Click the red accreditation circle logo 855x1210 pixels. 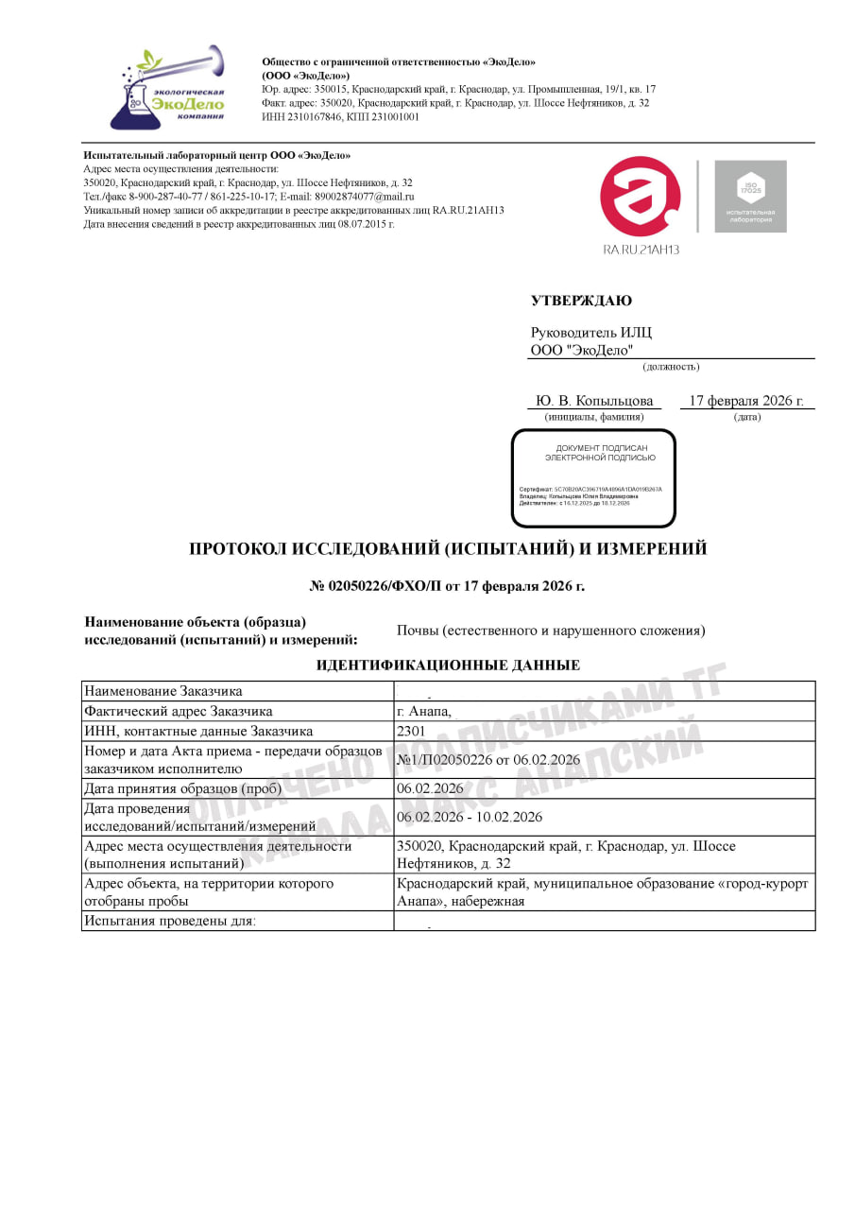click(x=640, y=197)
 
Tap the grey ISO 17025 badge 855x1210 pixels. click(x=750, y=196)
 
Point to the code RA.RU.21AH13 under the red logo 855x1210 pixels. click(x=641, y=250)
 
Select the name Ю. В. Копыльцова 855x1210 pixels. click(x=594, y=401)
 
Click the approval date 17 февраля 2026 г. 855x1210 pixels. click(x=746, y=401)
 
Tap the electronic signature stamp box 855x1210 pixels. click(x=593, y=478)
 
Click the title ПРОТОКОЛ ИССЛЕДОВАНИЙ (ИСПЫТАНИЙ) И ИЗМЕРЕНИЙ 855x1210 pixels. click(x=448, y=548)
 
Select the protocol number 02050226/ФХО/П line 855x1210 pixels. click(x=448, y=586)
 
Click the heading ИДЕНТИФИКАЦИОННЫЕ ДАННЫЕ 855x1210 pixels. click(x=448, y=665)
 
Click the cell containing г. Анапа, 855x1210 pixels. click(x=424, y=712)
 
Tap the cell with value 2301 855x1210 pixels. click(x=412, y=731)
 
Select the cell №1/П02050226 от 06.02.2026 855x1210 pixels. click(x=488, y=760)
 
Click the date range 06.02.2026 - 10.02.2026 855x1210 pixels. click(x=470, y=817)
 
